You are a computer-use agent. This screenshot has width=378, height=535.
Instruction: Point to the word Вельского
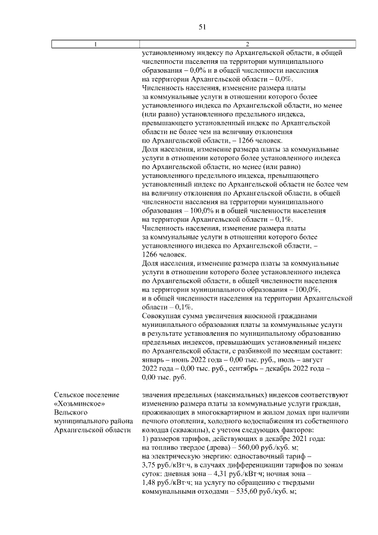tap(70, 412)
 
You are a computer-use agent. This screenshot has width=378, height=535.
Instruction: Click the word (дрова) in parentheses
tap(220, 447)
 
